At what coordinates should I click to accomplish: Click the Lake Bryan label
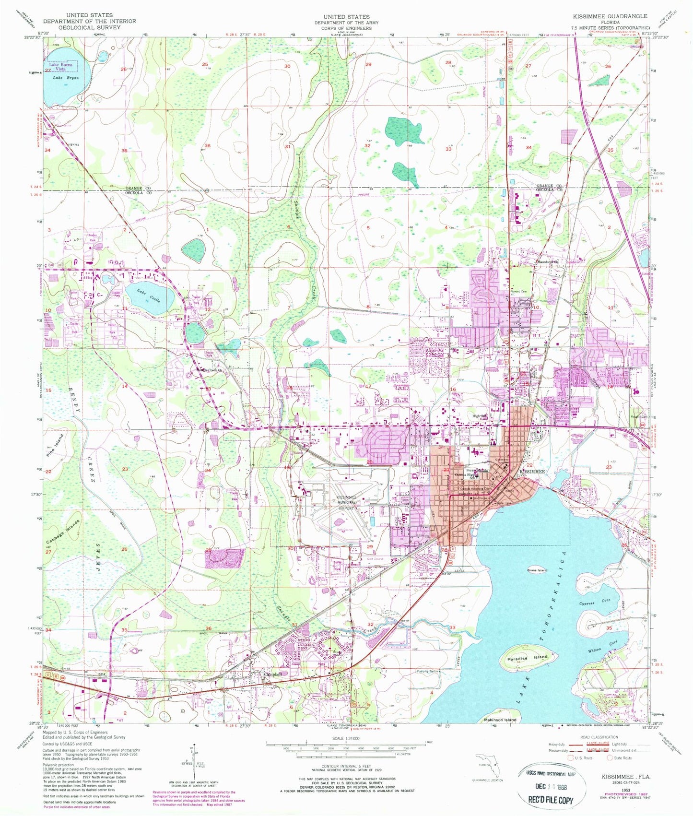click(x=65, y=78)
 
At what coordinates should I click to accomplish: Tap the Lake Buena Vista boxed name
click(x=63, y=67)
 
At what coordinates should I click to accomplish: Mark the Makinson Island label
click(x=500, y=720)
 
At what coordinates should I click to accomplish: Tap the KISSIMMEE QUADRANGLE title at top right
click(x=609, y=16)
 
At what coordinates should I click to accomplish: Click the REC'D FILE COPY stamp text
click(x=551, y=800)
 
